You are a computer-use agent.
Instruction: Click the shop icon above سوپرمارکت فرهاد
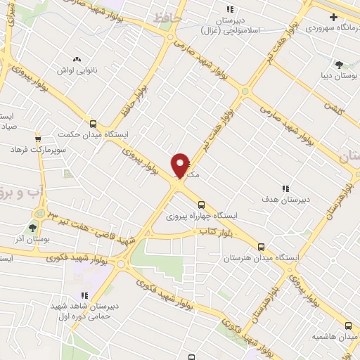point(37,138)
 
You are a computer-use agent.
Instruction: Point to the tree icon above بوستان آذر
point(32,228)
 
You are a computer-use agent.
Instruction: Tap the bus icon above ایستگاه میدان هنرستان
point(261,246)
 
